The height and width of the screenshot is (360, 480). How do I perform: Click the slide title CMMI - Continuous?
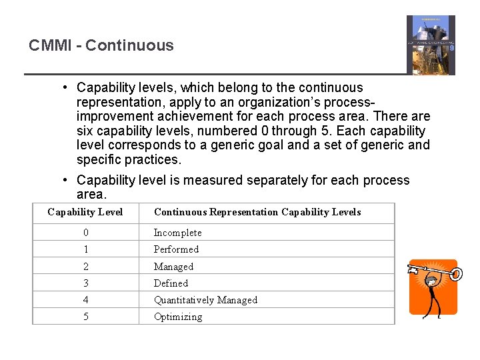101,45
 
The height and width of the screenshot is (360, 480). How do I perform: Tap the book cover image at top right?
431,45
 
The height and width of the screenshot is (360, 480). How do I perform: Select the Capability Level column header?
85,212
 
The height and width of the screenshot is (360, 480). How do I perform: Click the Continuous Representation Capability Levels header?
257,212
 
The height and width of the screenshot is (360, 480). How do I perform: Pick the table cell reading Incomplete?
177,233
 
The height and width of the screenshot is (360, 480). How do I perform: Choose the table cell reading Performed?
176,249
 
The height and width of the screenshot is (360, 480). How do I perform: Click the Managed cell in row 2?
173,267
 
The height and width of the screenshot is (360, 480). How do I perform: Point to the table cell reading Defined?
171,283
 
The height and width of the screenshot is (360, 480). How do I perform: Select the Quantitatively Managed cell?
205,300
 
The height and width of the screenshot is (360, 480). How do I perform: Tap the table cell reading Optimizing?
177,317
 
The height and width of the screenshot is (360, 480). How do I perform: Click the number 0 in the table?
85,233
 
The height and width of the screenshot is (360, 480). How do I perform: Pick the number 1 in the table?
85,249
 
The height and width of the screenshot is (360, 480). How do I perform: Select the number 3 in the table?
85,283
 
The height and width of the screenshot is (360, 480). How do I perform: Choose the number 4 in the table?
85,300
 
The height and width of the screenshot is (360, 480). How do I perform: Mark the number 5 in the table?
85,317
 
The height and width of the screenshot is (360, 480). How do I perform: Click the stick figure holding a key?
433,288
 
